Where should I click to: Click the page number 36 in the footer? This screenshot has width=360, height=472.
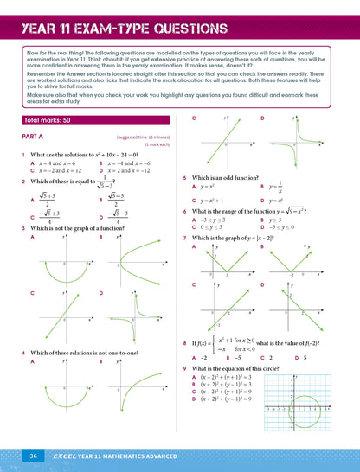pyautogui.click(x=32, y=455)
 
